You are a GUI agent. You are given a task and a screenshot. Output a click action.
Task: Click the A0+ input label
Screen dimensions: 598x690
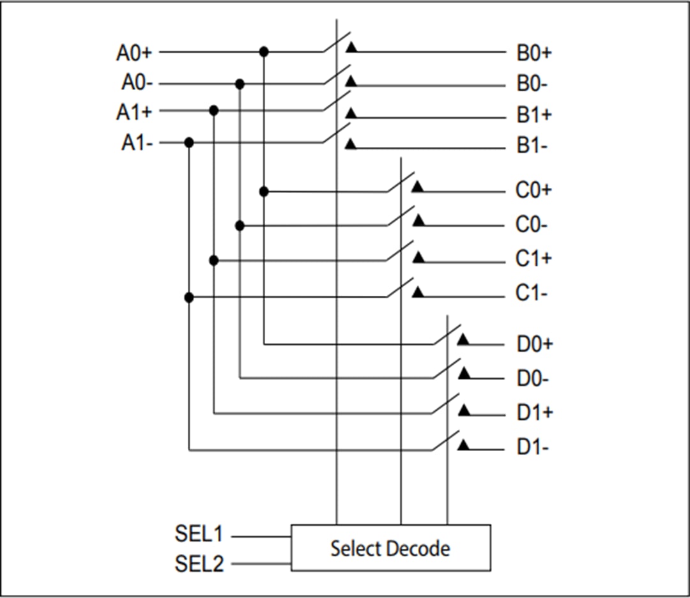[134, 52]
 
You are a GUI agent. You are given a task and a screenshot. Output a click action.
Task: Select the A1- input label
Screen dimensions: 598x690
[137, 142]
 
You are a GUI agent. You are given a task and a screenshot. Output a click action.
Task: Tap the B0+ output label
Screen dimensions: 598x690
[534, 52]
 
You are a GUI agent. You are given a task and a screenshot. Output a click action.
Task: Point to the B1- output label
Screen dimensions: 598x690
[532, 147]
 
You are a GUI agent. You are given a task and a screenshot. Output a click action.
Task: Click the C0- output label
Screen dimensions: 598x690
[532, 226]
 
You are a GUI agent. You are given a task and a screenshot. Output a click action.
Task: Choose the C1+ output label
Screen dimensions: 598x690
[534, 259]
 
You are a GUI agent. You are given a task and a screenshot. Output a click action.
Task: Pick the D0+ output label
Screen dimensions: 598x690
[535, 345]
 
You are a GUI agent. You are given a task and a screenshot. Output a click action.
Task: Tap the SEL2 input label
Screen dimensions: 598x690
[199, 564]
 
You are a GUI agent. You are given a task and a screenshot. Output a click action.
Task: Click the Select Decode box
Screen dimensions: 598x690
[390, 548]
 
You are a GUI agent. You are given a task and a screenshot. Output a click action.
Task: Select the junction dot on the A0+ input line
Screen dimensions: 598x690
[264, 52]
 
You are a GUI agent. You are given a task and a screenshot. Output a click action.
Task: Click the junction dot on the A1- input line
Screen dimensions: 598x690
[188, 142]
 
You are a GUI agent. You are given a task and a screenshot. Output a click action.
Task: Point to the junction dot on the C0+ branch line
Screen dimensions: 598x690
[264, 191]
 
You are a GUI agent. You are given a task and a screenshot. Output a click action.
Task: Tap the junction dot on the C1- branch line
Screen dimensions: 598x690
[188, 297]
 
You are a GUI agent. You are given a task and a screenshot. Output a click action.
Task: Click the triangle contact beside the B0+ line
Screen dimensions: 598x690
[351, 48]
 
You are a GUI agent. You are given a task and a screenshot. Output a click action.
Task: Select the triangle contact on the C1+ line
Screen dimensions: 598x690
[418, 257]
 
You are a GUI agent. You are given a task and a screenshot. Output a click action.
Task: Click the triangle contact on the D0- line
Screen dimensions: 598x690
[464, 373]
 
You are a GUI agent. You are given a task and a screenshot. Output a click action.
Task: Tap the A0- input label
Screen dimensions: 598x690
[137, 83]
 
